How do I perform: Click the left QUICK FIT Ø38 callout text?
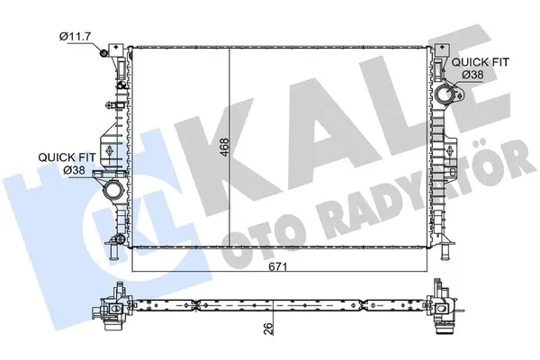[60, 161]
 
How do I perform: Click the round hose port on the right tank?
[446, 95]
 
